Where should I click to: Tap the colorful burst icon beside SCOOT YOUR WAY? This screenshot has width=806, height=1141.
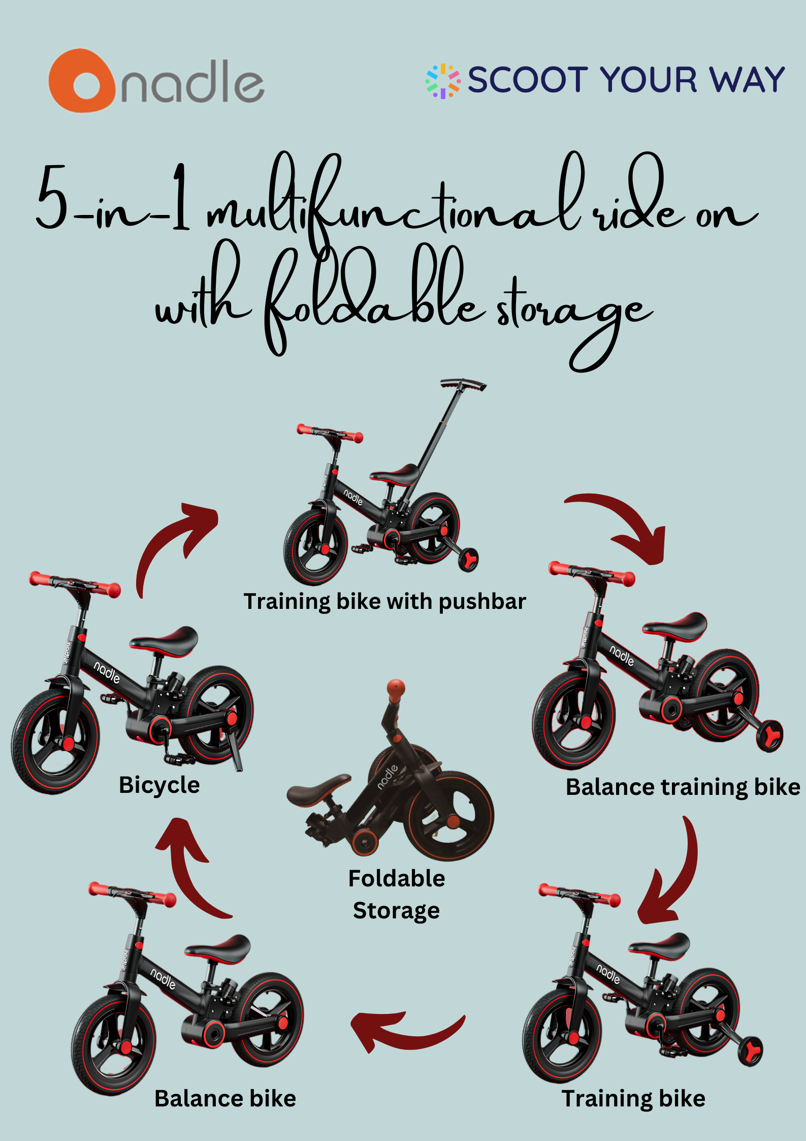point(443,81)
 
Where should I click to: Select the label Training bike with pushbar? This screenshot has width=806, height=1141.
point(384,602)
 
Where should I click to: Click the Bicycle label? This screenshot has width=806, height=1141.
point(159,785)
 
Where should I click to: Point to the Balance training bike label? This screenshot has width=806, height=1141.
point(683,787)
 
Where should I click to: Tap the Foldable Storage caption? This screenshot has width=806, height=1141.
point(397,895)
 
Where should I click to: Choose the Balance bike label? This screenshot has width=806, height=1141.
point(225,1099)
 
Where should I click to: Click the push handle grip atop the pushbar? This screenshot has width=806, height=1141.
point(463,384)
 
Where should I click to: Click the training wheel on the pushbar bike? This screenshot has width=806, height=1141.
point(468,560)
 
